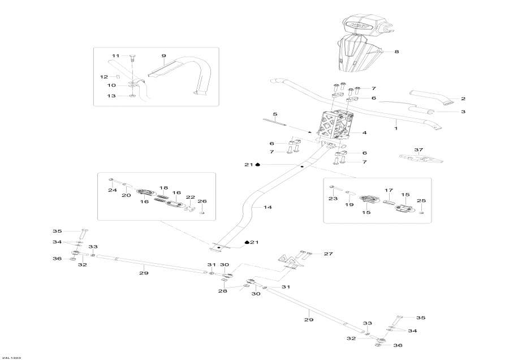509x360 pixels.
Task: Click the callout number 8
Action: pyautogui.click(x=396, y=52)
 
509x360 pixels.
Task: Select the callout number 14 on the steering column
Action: pyautogui.click(x=268, y=208)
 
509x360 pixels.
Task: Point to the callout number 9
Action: pyautogui.click(x=163, y=55)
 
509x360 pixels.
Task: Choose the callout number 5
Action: pyautogui.click(x=275, y=114)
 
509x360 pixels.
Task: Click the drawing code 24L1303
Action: pyautogui.click(x=12, y=357)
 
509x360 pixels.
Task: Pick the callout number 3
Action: pyautogui.click(x=463, y=112)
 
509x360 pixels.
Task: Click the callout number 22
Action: pyautogui.click(x=191, y=198)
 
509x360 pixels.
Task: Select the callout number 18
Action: pyautogui.click(x=163, y=187)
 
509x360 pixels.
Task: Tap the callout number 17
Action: pyautogui.click(x=389, y=190)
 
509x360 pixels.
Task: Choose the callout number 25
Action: pyautogui.click(x=421, y=201)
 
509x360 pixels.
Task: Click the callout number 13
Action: pyautogui.click(x=112, y=96)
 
